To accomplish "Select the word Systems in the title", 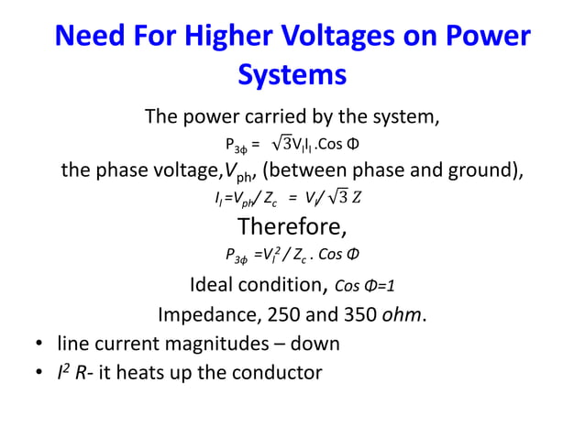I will click(x=292, y=74).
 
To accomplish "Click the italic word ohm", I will click(x=404, y=314).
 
